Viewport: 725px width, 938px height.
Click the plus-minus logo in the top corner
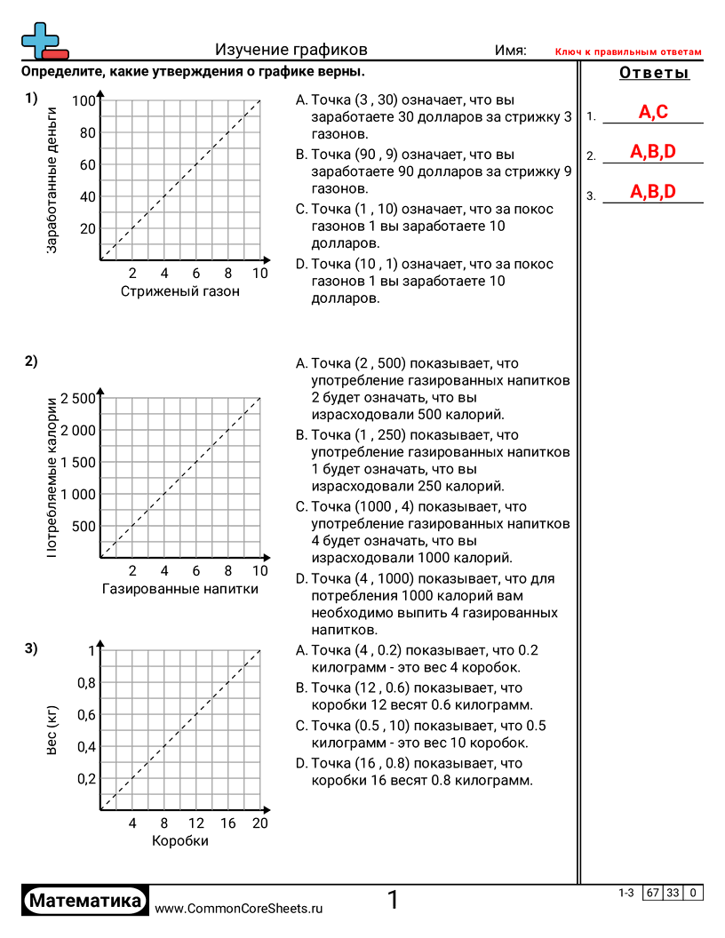[x=43, y=42]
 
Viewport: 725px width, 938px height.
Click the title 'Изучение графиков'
[x=291, y=51]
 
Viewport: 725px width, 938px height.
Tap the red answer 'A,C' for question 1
[x=653, y=112]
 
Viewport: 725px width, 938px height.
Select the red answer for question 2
[x=653, y=152]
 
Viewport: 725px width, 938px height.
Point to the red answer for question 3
[x=653, y=192]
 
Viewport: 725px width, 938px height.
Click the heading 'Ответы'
[x=654, y=74]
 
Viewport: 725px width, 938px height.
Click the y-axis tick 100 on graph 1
[x=84, y=101]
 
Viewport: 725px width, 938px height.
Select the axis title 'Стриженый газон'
[x=180, y=291]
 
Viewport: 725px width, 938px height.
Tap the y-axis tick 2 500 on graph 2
[x=77, y=398]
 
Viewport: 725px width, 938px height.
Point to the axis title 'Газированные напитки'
[x=180, y=588]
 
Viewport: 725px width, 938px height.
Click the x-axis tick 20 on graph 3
[x=259, y=823]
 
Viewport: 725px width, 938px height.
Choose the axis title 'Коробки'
[x=180, y=841]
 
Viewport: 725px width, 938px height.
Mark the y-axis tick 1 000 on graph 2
[x=77, y=494]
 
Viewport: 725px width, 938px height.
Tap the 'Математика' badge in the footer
[x=85, y=901]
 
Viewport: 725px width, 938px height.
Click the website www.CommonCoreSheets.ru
[x=238, y=909]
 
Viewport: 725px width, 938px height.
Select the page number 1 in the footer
[x=393, y=901]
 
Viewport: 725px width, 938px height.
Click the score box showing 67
[x=653, y=893]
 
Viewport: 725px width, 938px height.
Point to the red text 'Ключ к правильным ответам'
[x=628, y=52]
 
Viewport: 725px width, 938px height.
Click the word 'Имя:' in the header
[x=511, y=51]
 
